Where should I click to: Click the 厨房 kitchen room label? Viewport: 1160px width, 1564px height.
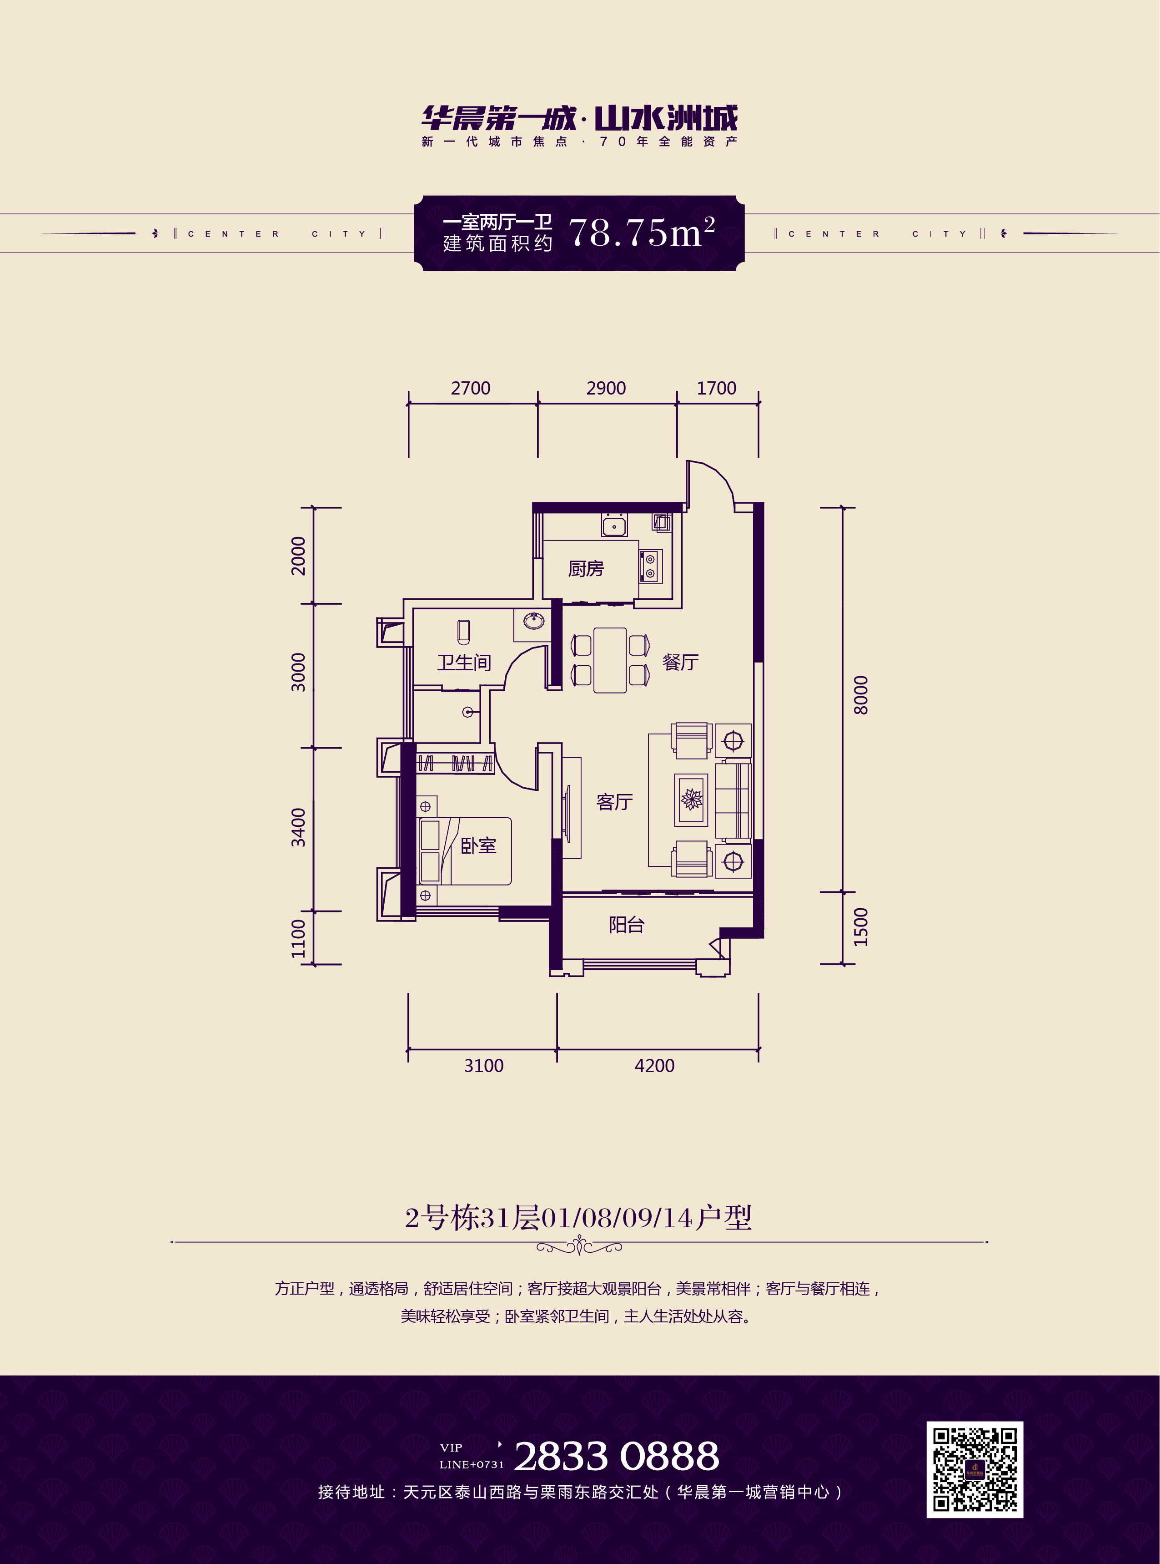point(586,568)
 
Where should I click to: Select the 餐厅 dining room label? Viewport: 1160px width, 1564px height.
point(680,662)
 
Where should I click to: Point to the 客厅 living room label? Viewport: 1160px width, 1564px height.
point(614,802)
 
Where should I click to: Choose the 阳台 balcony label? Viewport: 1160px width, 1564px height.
point(626,925)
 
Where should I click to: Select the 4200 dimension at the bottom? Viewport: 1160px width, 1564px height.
point(654,1066)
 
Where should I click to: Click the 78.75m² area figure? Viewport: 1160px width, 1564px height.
point(642,232)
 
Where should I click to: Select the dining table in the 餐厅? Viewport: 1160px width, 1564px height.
point(609,660)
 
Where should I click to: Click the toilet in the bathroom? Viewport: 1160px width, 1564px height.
point(463,632)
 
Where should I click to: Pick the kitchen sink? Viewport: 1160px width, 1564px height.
point(614,525)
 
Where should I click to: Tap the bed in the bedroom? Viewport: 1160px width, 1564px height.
point(465,851)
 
